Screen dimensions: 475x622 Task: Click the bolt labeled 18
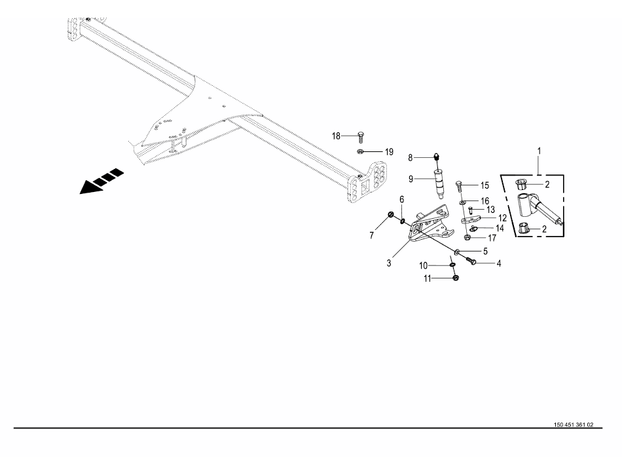click(x=361, y=136)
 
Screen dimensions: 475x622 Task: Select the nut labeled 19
click(x=361, y=152)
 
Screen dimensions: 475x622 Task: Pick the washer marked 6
click(x=402, y=220)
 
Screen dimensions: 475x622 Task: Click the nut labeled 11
click(x=456, y=278)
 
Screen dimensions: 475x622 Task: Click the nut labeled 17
click(x=466, y=237)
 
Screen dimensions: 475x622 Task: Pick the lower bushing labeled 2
click(x=524, y=229)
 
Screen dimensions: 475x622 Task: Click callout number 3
click(x=388, y=263)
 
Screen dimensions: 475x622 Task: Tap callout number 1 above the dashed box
click(x=540, y=151)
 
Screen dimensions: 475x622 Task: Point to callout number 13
click(x=490, y=210)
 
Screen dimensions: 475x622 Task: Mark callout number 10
click(x=424, y=265)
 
